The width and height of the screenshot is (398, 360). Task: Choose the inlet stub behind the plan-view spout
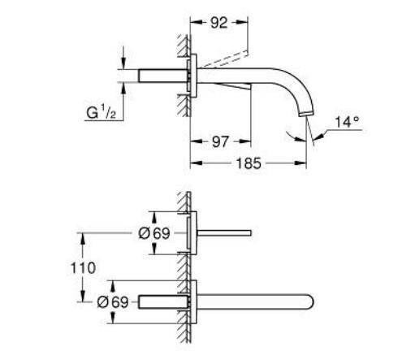pyautogui.click(x=162, y=300)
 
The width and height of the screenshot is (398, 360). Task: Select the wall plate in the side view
pyautogui.click(x=193, y=77)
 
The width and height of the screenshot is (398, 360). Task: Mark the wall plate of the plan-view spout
pyautogui.click(x=193, y=300)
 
